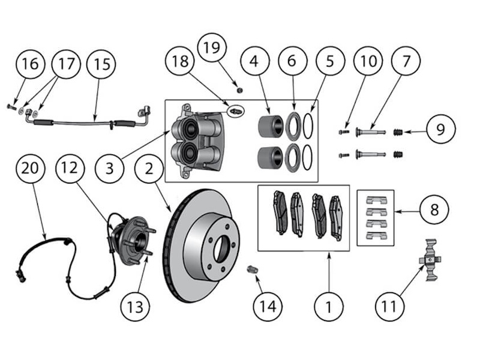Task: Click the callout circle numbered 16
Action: pos(31,64)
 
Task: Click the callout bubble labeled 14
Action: pos(267,307)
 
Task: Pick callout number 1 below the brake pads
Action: pos(328,307)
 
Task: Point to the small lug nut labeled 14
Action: pos(253,271)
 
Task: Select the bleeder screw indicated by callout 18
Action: pos(236,111)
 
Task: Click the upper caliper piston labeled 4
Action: pos(270,126)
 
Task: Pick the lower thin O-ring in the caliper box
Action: pos(308,157)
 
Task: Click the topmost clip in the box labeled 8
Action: pos(375,199)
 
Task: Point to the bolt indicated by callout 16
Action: pos(11,106)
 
